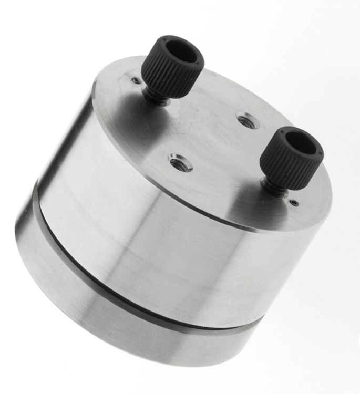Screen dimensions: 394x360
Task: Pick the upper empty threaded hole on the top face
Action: pyautogui.click(x=247, y=121)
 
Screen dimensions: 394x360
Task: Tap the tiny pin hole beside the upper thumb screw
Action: pyautogui.click(x=136, y=80)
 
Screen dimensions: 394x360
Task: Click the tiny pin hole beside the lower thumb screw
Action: pyautogui.click(x=294, y=202)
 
